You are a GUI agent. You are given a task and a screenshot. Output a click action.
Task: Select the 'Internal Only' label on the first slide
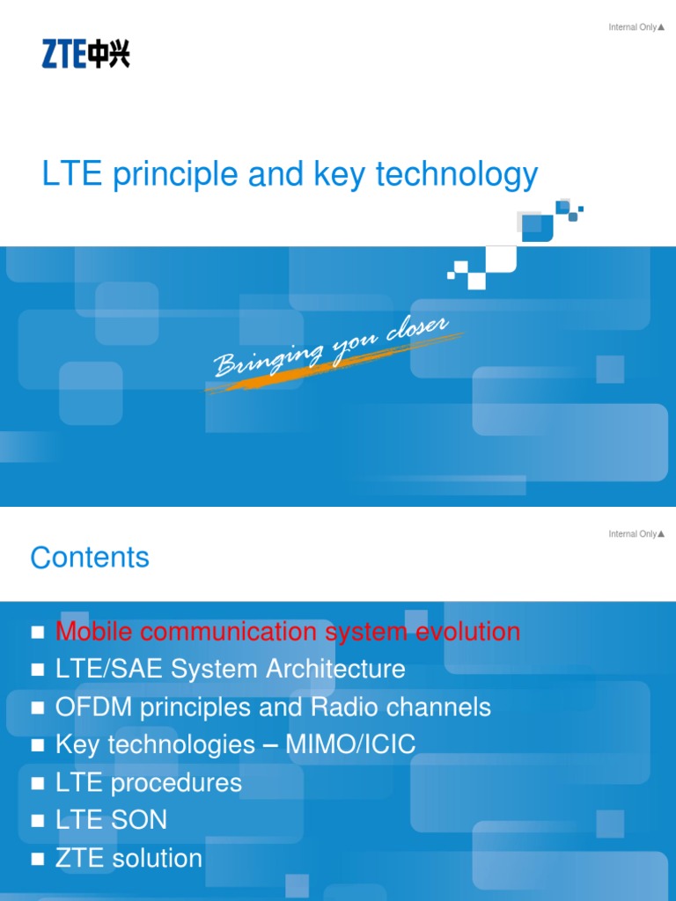[x=636, y=27]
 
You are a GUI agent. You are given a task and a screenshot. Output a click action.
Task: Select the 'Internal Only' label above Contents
[x=636, y=534]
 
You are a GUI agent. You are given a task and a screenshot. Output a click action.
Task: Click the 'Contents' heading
[x=90, y=557]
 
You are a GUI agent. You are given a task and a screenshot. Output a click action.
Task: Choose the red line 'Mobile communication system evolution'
[x=287, y=631]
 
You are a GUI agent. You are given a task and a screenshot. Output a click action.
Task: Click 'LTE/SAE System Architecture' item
[x=230, y=669]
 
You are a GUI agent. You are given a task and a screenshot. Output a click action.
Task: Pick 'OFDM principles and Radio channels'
[x=273, y=707]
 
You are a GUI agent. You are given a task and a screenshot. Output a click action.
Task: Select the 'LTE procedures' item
[x=148, y=782]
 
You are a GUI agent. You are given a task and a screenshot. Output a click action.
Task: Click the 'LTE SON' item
[x=111, y=820]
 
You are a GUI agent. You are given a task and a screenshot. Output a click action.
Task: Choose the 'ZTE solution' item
[x=129, y=858]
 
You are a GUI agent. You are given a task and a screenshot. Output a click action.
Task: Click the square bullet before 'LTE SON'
[x=37, y=821]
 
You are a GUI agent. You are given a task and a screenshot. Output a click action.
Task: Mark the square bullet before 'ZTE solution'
[x=37, y=859]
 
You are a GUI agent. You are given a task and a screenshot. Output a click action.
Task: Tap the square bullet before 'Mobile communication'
[x=37, y=632]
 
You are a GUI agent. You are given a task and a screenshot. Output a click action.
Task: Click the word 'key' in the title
[x=341, y=174]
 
